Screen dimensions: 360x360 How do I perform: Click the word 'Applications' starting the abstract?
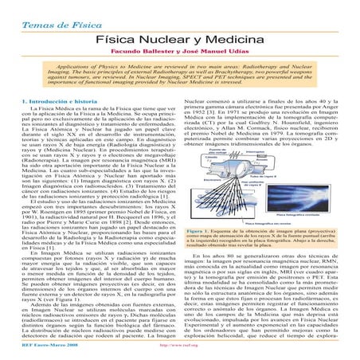coord(59,68)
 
